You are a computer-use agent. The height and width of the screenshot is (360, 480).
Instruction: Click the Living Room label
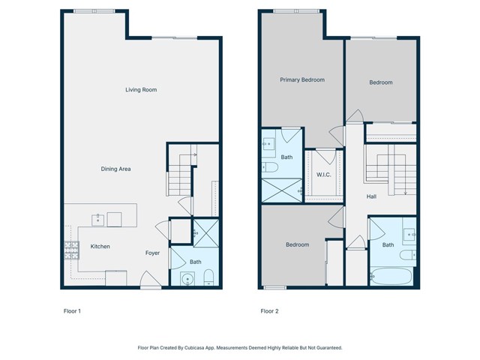pos(140,90)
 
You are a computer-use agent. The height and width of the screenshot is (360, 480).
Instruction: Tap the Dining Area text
pos(115,169)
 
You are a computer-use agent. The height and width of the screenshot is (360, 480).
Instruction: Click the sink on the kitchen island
pos(97,219)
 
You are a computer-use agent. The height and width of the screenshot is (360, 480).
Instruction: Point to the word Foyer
pos(152,253)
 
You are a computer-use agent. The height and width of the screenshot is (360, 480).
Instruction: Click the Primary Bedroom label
pos(302,79)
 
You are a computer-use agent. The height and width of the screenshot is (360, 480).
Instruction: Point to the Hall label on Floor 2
pos(371,196)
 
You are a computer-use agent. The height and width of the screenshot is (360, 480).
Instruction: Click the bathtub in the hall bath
pos(391,275)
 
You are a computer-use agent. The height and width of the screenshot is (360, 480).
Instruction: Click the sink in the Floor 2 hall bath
pos(408,233)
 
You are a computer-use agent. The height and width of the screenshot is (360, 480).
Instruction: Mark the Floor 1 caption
pos(72,310)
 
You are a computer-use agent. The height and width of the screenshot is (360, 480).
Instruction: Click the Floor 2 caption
pos(269,310)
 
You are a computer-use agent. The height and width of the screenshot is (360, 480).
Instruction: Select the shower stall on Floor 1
pos(205,232)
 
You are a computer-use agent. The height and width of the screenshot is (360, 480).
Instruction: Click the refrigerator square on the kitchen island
pos(115,219)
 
